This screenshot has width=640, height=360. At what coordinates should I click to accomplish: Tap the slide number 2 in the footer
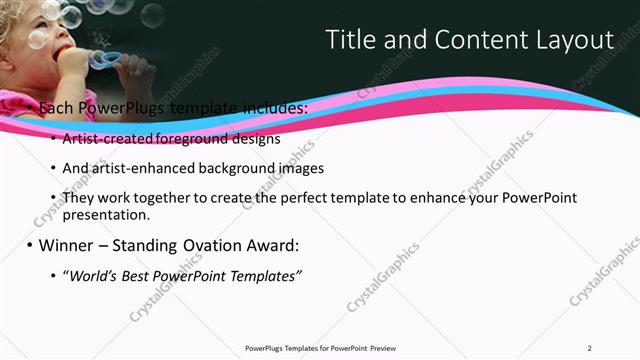tap(590, 348)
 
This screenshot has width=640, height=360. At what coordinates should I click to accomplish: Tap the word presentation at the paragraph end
tap(105, 214)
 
